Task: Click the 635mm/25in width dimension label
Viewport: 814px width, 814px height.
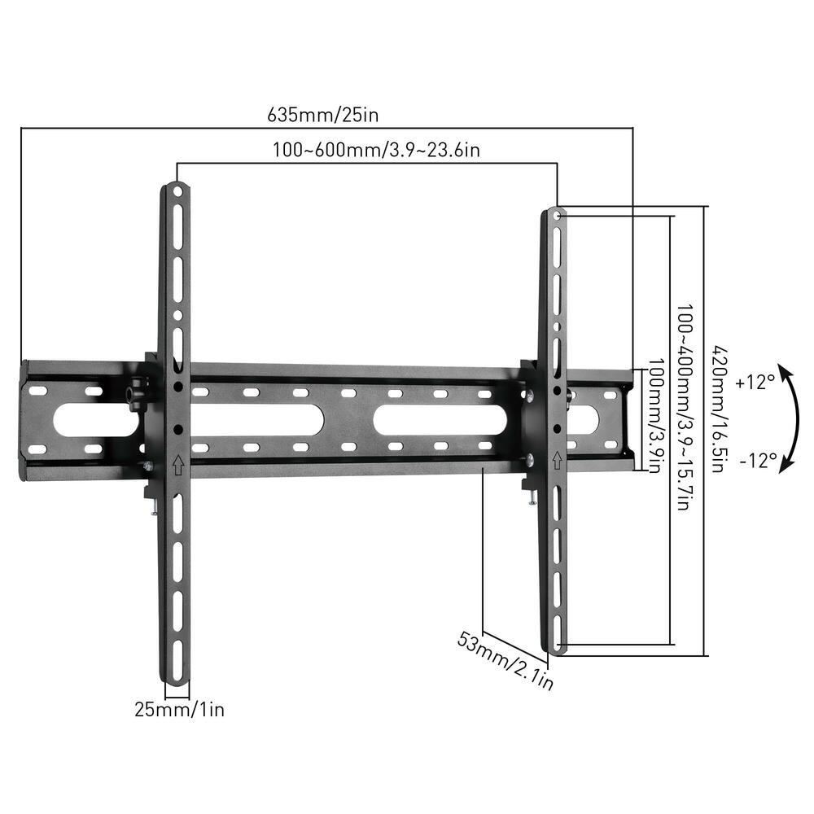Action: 323,115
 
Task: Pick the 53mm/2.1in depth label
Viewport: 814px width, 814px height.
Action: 505,662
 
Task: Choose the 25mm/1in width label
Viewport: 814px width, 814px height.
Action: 179,710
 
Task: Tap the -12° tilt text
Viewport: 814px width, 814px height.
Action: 758,461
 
